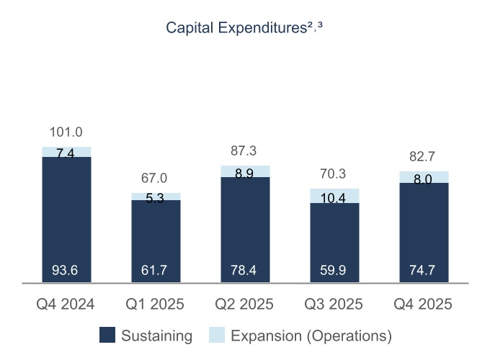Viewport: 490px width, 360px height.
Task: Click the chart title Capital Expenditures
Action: tap(244, 28)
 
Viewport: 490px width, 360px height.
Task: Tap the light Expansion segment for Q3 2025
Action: tap(334, 196)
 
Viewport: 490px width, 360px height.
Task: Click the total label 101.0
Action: tap(66, 132)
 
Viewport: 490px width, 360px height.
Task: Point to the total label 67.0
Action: tap(156, 178)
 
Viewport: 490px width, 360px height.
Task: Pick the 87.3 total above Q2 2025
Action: tap(245, 151)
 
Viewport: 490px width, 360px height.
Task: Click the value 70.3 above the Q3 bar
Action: tap(334, 174)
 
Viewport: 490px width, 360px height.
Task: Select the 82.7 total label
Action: tap(424, 156)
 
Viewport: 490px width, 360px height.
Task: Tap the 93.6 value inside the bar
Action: tap(66, 271)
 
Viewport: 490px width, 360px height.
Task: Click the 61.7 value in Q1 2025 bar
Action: tap(156, 271)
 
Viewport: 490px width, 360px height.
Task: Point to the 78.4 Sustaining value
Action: tap(245, 271)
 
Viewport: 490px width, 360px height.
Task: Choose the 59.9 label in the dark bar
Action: tap(334, 271)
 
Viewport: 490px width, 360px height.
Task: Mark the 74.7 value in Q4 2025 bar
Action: tap(424, 271)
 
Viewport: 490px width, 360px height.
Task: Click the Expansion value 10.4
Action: tap(334, 199)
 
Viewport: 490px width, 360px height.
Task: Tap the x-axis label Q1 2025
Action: tap(156, 304)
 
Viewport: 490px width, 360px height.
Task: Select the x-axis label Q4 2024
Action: tap(66, 304)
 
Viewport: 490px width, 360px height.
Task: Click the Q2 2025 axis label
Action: tap(245, 304)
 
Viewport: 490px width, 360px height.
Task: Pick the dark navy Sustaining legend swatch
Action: tap(107, 336)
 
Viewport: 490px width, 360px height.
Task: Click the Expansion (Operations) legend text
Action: tap(311, 336)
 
